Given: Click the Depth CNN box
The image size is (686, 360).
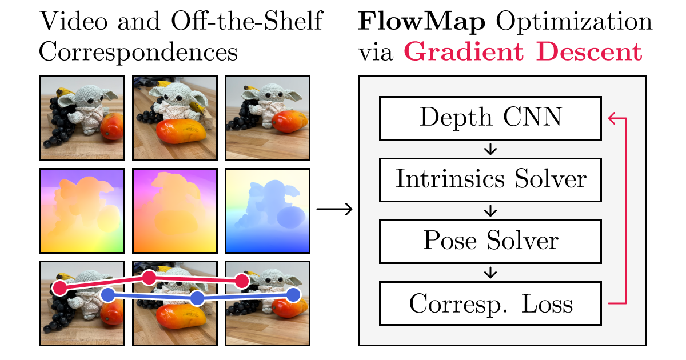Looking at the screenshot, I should (490, 118).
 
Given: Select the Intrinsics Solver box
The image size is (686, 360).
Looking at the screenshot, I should (490, 179).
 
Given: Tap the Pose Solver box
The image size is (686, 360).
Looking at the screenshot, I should (490, 241).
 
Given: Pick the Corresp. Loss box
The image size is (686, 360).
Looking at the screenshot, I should (490, 303).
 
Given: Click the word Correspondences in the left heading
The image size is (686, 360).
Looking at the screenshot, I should (138, 53).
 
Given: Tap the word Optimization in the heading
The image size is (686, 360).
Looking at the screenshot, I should (574, 23).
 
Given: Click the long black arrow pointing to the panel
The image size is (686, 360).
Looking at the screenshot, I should (335, 210).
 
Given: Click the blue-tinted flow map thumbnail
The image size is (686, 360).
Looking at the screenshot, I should (268, 210).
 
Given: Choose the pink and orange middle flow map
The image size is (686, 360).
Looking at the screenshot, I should (175, 210).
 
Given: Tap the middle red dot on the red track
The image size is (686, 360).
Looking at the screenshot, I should (149, 278).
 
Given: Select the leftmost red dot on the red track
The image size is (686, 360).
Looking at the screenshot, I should (58, 287).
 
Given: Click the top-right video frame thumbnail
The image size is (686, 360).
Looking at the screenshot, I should (268, 118).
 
